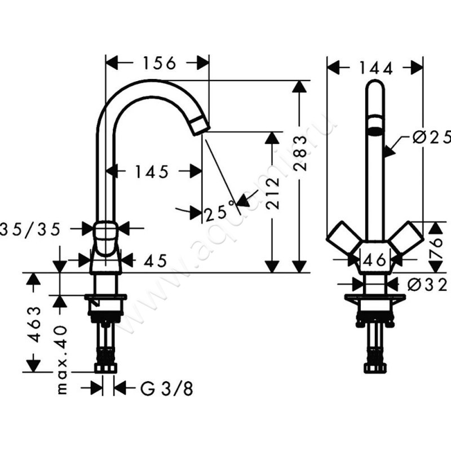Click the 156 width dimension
click(157, 63)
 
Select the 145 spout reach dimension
click(152, 171)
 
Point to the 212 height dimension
click(273, 193)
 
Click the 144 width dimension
click(375, 68)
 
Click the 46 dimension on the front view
click(375, 260)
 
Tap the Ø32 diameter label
click(431, 285)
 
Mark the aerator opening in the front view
click(374, 127)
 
